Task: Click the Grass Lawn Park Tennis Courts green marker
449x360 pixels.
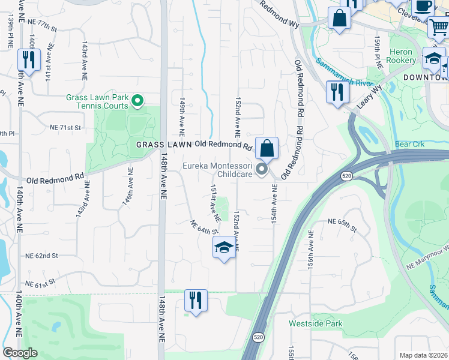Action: click(x=137, y=101)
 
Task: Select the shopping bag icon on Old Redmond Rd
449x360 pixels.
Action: click(x=267, y=147)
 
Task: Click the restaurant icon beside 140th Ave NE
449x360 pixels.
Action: click(x=29, y=59)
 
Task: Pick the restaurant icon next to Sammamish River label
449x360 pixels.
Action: click(x=337, y=92)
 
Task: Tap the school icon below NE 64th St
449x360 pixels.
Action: click(x=224, y=247)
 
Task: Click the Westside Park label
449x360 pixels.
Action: click(x=315, y=323)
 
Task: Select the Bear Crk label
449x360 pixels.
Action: click(x=410, y=145)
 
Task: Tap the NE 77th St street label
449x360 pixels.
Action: click(x=41, y=28)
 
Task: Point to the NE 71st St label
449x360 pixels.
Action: click(x=65, y=128)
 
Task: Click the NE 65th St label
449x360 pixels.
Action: click(x=342, y=221)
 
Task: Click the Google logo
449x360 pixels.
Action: click(x=20, y=353)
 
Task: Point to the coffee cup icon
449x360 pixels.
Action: click(x=423, y=6)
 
